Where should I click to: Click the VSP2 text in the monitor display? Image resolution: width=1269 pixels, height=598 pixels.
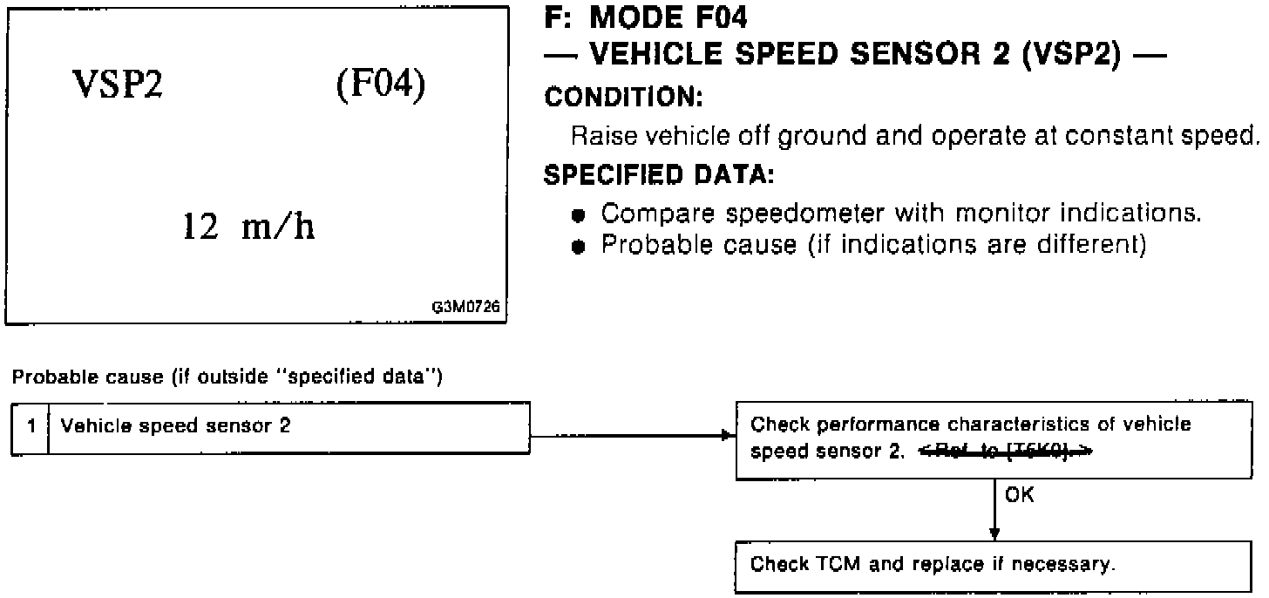click(118, 87)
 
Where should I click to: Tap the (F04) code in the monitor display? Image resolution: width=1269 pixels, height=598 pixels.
click(381, 87)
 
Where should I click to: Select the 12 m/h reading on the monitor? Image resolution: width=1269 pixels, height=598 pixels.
click(249, 228)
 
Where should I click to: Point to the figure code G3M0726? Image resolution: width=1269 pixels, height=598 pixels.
click(467, 308)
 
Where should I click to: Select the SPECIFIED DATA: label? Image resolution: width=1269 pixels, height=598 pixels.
click(659, 175)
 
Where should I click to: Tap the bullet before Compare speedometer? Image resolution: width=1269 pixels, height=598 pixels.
click(577, 214)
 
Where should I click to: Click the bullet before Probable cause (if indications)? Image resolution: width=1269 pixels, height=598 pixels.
click(577, 246)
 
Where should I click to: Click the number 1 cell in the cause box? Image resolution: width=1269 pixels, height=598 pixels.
click(31, 428)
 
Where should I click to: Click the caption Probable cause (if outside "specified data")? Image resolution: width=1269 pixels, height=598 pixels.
click(227, 377)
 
